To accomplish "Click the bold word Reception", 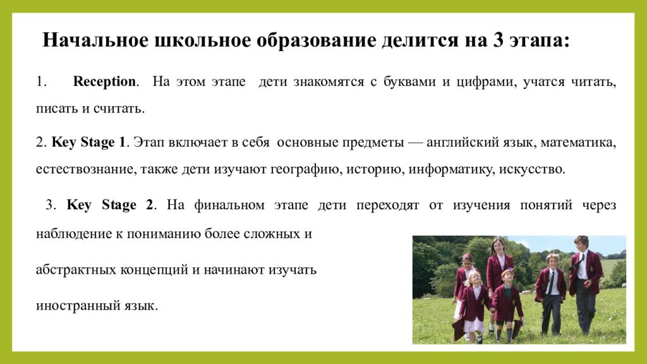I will click(104, 82).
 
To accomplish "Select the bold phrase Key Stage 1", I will click(88, 142).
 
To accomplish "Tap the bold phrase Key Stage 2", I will click(111, 205).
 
